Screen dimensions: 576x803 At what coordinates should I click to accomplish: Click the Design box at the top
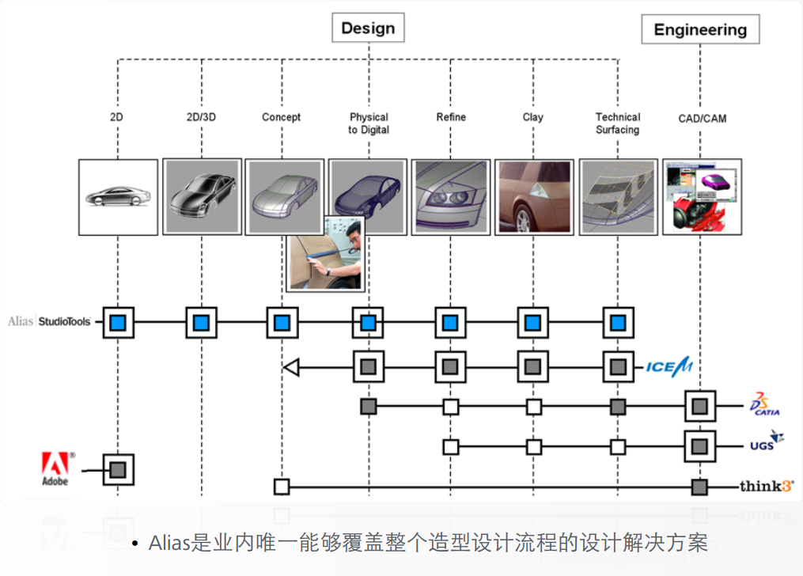click(368, 28)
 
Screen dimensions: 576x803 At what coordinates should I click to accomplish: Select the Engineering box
click(699, 30)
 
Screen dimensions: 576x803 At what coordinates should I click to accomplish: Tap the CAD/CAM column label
click(702, 119)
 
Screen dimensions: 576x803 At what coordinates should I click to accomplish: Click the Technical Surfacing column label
click(617, 123)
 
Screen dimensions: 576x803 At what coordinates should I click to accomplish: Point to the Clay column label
click(533, 117)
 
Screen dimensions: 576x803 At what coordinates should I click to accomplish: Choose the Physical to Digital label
click(369, 123)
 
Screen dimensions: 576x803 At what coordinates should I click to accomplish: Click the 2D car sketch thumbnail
click(117, 196)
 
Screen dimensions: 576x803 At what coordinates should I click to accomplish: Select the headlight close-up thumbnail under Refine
click(450, 196)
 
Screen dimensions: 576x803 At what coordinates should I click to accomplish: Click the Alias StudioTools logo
click(50, 321)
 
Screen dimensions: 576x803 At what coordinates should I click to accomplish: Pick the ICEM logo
click(669, 366)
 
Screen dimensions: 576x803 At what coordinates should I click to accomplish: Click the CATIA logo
click(764, 404)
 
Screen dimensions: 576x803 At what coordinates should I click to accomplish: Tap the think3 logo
click(766, 486)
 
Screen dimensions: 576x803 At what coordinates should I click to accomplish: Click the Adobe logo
click(55, 468)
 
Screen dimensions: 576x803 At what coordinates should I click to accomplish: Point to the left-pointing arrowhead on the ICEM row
click(290, 366)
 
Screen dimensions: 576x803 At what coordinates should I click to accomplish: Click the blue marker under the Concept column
click(282, 323)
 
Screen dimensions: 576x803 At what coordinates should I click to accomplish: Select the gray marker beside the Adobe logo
click(118, 470)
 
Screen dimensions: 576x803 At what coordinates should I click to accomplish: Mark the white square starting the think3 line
click(282, 487)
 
